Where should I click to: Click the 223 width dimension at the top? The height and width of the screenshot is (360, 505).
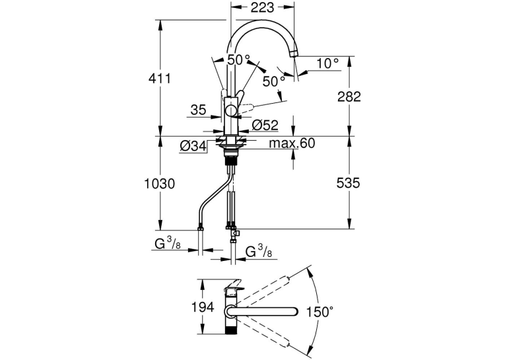point(263,7)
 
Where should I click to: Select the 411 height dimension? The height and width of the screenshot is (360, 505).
point(160,78)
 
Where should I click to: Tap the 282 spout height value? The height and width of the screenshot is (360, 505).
point(349,96)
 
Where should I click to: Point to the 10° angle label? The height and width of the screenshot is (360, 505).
point(327,63)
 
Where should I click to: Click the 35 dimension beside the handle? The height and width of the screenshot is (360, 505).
point(198,110)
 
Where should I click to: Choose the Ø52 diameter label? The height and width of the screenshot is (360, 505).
point(265,125)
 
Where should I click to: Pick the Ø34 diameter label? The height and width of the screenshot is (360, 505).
point(193,147)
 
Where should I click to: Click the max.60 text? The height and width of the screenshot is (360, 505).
point(292,143)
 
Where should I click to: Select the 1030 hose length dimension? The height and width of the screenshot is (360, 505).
point(160,184)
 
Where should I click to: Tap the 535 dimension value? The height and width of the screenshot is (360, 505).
point(348,183)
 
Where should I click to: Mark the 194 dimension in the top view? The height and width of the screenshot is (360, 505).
point(203,307)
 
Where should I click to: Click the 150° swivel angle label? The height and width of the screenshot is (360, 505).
point(320,312)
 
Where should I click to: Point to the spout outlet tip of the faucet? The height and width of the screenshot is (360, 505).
point(294,54)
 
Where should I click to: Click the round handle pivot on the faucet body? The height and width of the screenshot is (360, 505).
point(231,111)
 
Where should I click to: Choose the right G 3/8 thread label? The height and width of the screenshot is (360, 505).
point(259,251)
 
